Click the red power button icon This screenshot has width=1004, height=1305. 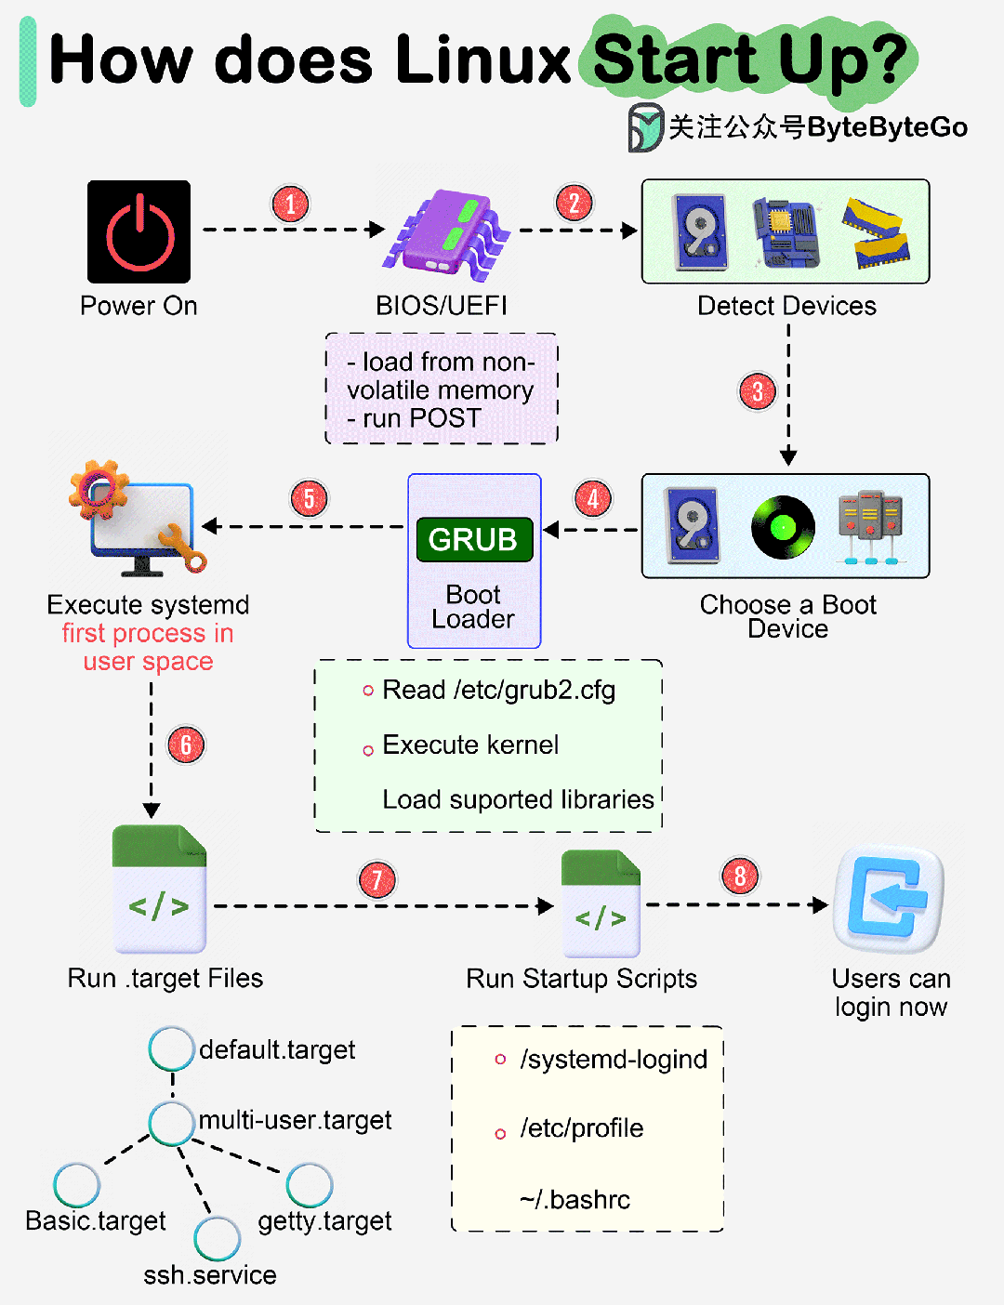[x=139, y=231]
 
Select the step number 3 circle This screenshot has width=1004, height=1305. [x=758, y=391]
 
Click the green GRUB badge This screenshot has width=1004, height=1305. [x=474, y=539]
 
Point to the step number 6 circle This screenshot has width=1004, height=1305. [x=186, y=745]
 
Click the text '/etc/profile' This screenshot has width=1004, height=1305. [x=581, y=1128]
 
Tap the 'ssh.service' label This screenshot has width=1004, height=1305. [x=210, y=1275]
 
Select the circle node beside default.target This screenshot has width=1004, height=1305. [x=171, y=1048]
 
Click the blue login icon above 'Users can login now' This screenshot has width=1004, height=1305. [x=889, y=899]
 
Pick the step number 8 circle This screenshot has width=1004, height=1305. [x=740, y=876]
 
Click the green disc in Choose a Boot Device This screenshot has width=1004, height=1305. [x=783, y=527]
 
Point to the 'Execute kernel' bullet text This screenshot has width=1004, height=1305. [x=470, y=745]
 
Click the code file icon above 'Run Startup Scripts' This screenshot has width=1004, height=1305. [x=601, y=904]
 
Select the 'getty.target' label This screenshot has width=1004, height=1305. [x=324, y=1221]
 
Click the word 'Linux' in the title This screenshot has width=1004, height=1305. [x=482, y=60]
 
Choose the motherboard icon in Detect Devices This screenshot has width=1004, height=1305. [x=786, y=232]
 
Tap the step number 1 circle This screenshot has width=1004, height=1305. [x=290, y=204]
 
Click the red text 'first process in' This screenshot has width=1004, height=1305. [x=148, y=634]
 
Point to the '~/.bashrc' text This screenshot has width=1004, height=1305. [x=575, y=1200]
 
